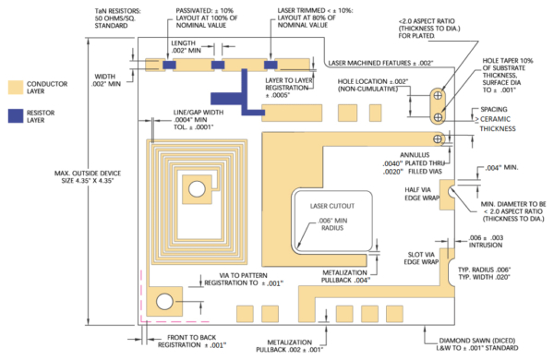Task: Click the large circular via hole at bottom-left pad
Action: [166, 302]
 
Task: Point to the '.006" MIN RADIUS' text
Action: [332, 226]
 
